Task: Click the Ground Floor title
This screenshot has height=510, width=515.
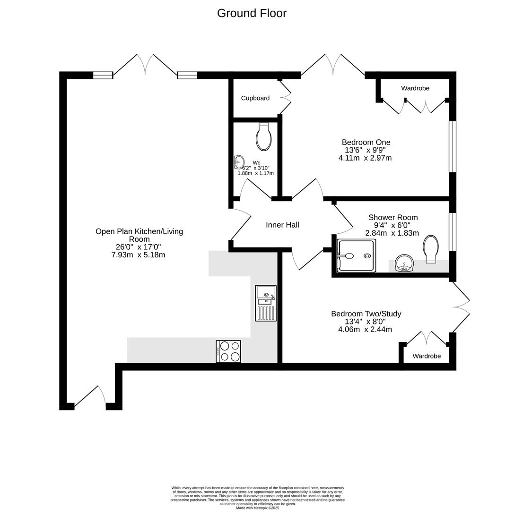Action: pyautogui.click(x=252, y=13)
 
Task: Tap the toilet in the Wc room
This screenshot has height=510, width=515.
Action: pyautogui.click(x=264, y=137)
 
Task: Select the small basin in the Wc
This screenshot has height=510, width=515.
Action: pyautogui.click(x=239, y=162)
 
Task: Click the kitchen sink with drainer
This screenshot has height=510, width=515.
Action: pyautogui.click(x=266, y=303)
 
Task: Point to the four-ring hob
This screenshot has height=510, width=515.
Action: pyautogui.click(x=228, y=351)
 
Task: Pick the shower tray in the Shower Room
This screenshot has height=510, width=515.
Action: pyautogui.click(x=357, y=256)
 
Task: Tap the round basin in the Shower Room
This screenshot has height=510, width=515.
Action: pyautogui.click(x=404, y=263)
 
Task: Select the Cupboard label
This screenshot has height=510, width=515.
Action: pyautogui.click(x=255, y=98)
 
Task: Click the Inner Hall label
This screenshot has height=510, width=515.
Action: pyautogui.click(x=282, y=225)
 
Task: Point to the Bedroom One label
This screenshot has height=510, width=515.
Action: pyautogui.click(x=366, y=142)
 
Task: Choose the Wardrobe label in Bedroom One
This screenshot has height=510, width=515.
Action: pyautogui.click(x=415, y=88)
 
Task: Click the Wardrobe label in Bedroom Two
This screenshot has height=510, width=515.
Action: pyautogui.click(x=427, y=356)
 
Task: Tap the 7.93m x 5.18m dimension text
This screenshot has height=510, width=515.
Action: pyautogui.click(x=138, y=255)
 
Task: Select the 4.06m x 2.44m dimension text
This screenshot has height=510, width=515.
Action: pyautogui.click(x=365, y=329)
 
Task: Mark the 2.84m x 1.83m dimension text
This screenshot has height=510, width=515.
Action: pyautogui.click(x=392, y=233)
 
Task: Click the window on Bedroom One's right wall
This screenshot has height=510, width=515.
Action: pyautogui.click(x=453, y=146)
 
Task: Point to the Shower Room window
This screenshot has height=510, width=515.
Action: pyautogui.click(x=453, y=231)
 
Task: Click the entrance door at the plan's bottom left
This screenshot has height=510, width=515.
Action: pyautogui.click(x=90, y=398)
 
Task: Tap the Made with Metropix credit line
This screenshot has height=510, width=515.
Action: pyautogui.click(x=257, y=507)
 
